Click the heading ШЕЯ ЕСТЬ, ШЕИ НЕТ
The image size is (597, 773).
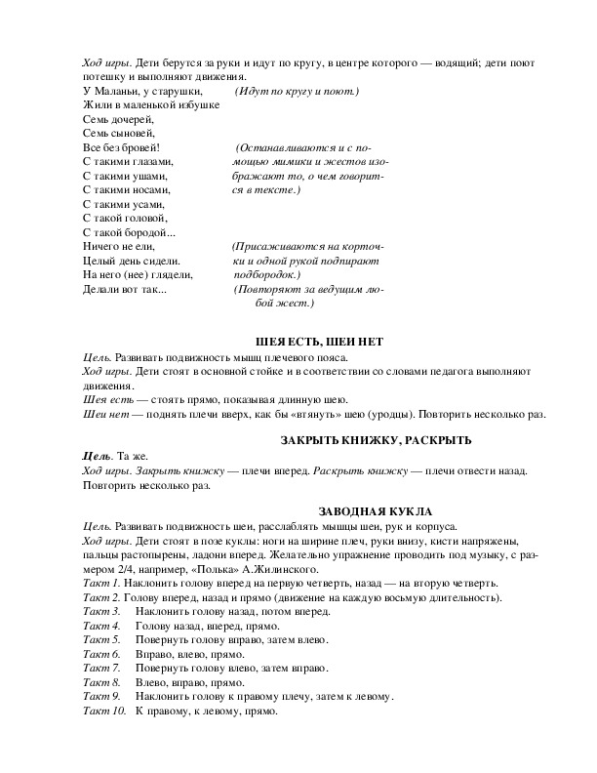320,343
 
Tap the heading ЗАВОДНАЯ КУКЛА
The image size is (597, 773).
375,511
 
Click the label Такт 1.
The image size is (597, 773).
100,582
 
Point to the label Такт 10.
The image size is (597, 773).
104,712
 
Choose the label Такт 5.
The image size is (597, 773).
101,640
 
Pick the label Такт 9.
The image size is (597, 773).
101,697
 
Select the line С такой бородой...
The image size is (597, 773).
130,232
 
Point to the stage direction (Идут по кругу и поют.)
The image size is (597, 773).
298,91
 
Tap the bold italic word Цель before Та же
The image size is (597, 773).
98,457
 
